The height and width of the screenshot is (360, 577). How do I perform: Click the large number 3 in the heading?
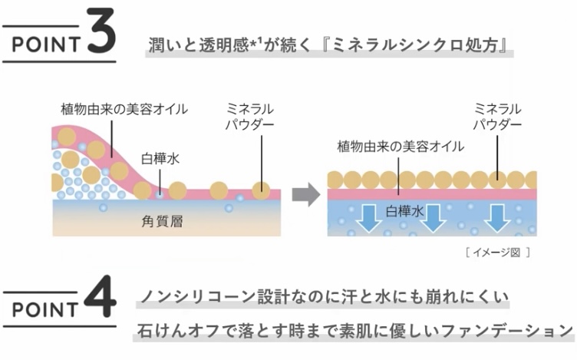point(101,34)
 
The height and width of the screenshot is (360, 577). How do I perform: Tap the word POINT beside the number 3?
point(45,41)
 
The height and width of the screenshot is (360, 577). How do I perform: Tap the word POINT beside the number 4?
point(45,309)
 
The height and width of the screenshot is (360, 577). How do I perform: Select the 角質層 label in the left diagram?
point(163,222)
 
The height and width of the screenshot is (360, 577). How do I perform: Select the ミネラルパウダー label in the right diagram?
point(498,116)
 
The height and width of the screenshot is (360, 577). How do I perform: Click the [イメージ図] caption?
point(497,251)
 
